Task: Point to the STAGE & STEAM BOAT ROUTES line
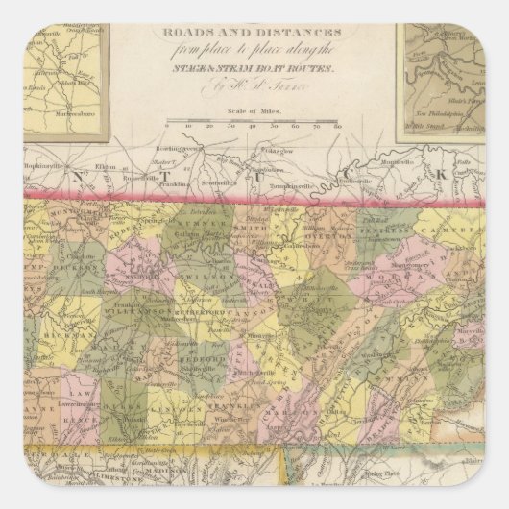tap(253, 70)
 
